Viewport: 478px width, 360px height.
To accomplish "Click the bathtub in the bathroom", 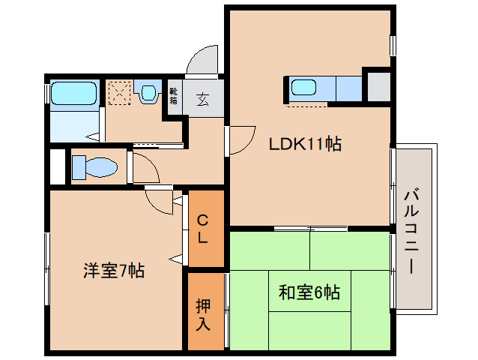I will tap(73, 94).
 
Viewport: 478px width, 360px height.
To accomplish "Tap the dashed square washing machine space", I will tap(118, 94).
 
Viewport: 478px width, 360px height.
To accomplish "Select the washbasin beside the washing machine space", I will tap(148, 93).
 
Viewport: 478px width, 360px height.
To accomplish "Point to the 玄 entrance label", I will tap(203, 98).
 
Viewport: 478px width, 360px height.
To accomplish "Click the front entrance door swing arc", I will tap(201, 61).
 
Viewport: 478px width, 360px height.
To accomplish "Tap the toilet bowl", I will tap(93, 166).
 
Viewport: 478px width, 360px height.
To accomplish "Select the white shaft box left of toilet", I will tap(57, 166).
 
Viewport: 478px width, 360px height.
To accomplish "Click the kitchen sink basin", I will tap(303, 88).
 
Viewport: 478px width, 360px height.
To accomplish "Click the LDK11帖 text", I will tap(306, 144).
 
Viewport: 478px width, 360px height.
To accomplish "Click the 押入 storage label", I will tap(204, 314).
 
